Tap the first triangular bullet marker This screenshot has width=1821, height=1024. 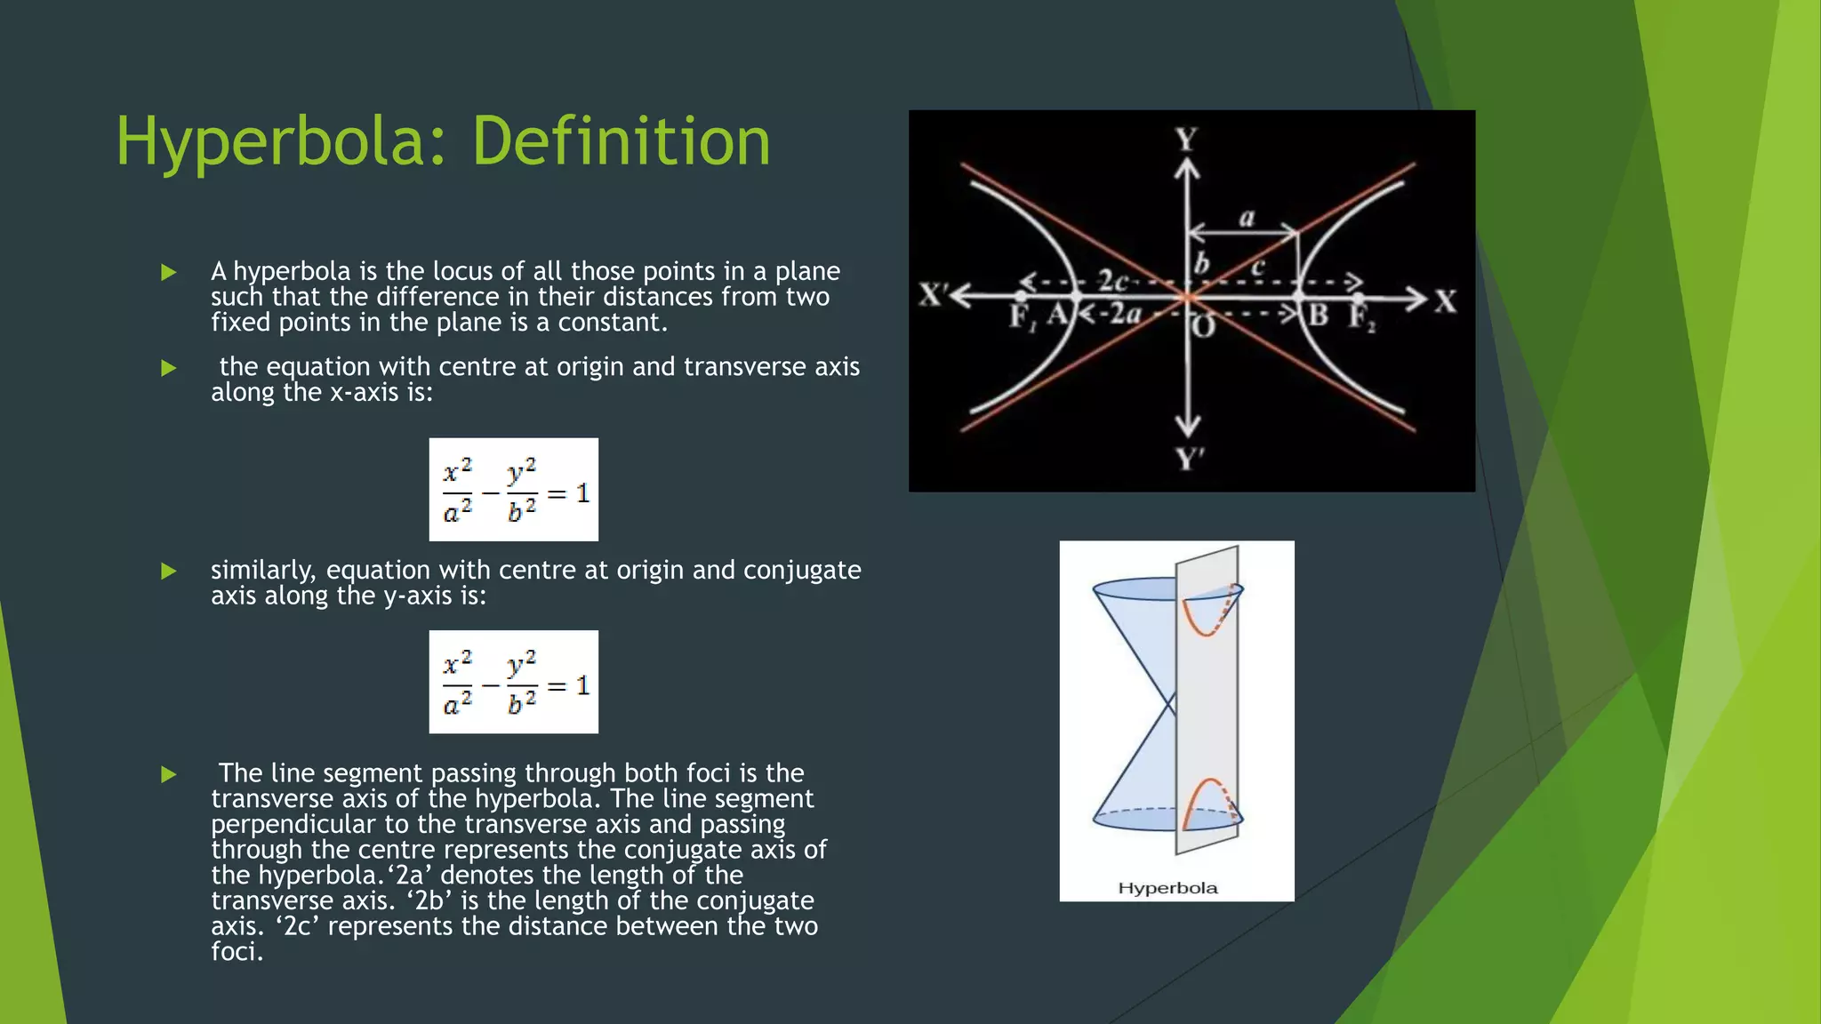tap(169, 273)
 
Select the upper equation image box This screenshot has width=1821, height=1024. tap(513, 490)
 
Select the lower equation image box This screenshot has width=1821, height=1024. tap(513, 682)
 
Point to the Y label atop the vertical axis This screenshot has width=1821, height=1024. tap(1186, 140)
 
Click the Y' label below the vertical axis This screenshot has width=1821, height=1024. tap(1190, 460)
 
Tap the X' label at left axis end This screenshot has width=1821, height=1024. tap(933, 295)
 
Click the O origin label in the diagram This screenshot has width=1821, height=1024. tap(1203, 328)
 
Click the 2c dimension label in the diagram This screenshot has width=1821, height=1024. tap(1112, 282)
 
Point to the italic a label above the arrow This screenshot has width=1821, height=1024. tap(1247, 218)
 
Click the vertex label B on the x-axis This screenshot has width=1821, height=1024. tap(1318, 315)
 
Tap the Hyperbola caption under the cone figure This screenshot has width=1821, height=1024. tap(1167, 888)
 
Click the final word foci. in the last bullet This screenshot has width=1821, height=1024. tap(237, 952)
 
